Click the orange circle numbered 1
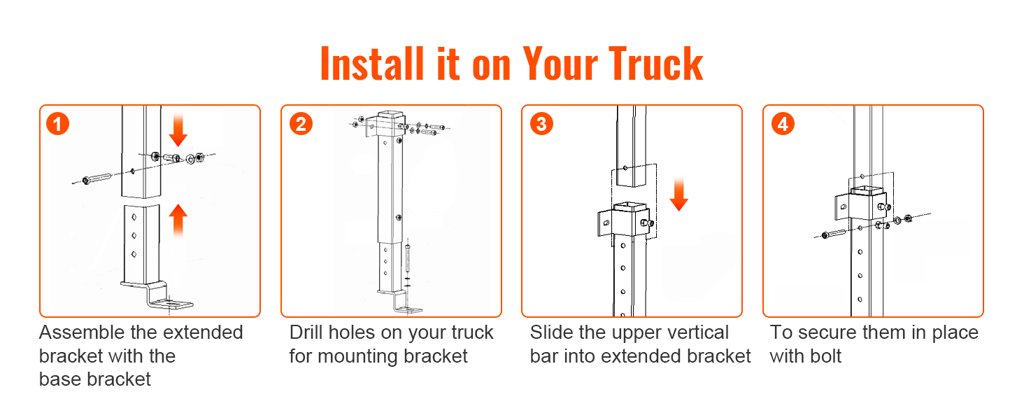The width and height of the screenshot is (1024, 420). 57,124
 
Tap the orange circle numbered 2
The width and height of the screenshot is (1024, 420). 301,124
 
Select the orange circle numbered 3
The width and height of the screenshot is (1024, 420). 541,124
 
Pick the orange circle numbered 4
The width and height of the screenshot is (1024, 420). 783,124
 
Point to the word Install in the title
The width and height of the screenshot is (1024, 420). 372,64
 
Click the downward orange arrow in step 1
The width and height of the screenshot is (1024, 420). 178,129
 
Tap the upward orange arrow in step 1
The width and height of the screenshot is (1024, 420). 178,220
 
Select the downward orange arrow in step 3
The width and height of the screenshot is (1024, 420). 679,195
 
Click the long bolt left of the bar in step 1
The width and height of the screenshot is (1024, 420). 97,178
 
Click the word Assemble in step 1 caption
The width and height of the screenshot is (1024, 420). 81,332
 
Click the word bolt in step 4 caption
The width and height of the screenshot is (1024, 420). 823,356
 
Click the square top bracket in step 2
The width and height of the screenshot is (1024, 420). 386,123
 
